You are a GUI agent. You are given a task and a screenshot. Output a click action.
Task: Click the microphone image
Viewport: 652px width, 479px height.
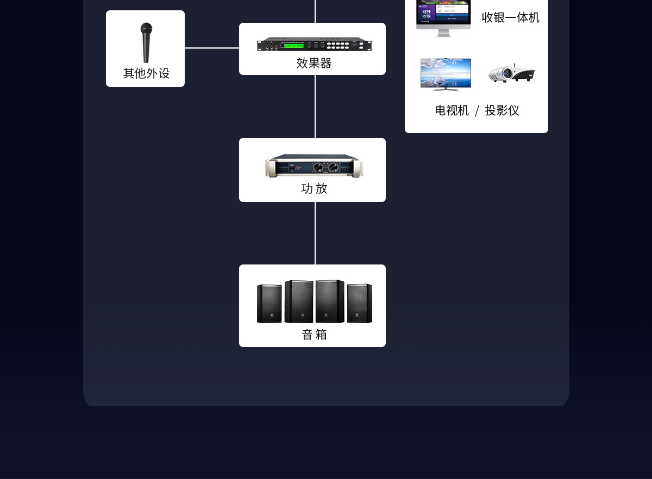146,42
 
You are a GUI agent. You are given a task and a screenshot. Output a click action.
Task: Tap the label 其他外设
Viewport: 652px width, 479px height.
146,73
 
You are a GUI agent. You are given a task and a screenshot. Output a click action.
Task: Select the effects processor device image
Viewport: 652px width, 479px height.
314,45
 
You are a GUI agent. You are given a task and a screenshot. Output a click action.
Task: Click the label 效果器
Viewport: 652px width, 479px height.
314,64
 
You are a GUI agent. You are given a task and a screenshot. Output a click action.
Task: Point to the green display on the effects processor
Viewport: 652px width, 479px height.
292,45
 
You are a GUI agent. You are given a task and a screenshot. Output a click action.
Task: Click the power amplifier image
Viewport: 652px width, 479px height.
314,166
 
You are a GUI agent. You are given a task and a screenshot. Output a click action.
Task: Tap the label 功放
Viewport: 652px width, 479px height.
314,188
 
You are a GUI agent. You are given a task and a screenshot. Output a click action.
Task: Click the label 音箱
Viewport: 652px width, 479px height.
314,335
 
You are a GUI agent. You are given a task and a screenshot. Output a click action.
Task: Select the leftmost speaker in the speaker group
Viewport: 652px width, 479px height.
269,304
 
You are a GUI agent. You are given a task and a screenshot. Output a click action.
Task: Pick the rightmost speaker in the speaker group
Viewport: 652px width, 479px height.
360,303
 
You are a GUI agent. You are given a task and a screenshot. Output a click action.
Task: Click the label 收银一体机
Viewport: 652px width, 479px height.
510,18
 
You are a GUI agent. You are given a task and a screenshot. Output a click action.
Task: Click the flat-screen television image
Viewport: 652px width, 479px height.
446,74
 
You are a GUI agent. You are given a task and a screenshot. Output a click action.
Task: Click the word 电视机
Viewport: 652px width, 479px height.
452,111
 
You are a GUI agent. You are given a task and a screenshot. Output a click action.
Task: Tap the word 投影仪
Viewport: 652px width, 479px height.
502,111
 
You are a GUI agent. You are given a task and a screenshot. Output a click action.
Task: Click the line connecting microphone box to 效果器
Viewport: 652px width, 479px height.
212,48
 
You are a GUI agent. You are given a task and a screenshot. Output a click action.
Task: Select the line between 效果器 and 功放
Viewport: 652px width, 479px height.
315,106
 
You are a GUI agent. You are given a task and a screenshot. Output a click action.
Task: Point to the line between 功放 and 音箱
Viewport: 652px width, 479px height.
315,233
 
